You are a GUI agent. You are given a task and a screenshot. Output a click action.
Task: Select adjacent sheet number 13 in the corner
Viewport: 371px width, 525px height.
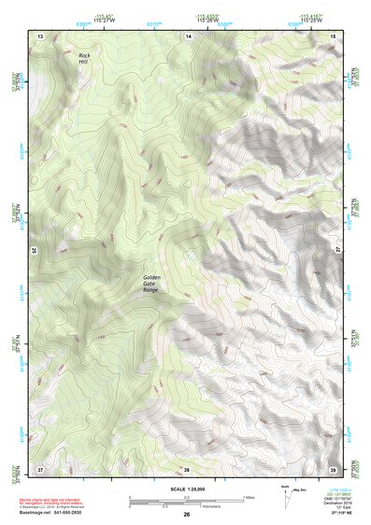click(x=40, y=35)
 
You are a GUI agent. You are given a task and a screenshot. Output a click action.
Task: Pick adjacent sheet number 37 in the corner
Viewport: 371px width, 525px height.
click(x=40, y=468)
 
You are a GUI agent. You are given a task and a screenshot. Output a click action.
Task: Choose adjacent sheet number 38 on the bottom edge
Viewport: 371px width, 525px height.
click(x=186, y=468)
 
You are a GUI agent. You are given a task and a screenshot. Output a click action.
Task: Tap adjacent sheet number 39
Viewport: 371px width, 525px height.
click(x=333, y=468)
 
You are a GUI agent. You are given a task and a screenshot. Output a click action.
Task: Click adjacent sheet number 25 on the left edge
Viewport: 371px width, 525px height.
click(x=34, y=251)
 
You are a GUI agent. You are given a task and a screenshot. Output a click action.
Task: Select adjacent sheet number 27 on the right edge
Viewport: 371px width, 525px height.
click(x=339, y=251)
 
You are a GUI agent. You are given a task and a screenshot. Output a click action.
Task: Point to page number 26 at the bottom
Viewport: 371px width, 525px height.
click(x=186, y=515)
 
